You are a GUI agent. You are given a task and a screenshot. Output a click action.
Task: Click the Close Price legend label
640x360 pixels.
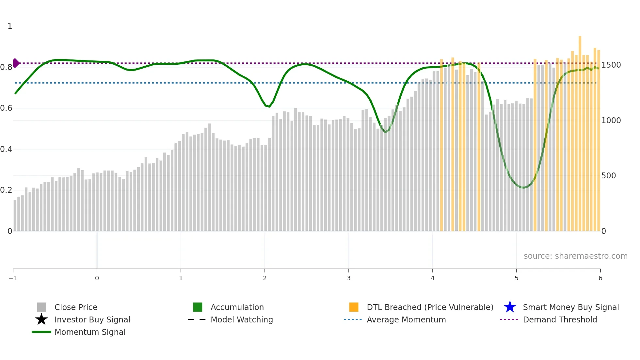pyautogui.click(x=76, y=307)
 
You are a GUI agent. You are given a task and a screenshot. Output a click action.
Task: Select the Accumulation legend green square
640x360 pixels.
pyautogui.click(x=198, y=307)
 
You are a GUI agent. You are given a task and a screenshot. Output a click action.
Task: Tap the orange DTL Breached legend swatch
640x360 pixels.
pyautogui.click(x=354, y=307)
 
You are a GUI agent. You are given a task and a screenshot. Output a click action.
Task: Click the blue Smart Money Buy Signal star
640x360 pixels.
pyautogui.click(x=510, y=307)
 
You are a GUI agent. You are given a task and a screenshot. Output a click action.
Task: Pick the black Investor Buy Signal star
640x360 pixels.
pyautogui.click(x=41, y=319)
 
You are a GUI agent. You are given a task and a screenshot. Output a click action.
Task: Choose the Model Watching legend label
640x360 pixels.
pyautogui.click(x=242, y=319)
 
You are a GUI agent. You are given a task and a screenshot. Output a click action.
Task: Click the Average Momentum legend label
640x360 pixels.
pyautogui.click(x=406, y=319)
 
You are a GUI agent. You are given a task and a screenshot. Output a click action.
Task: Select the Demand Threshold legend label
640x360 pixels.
pyautogui.click(x=560, y=319)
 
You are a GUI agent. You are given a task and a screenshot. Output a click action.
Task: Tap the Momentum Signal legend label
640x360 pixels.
pyautogui.click(x=90, y=332)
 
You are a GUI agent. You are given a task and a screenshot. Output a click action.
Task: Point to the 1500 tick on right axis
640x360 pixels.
pyautogui.click(x=611, y=65)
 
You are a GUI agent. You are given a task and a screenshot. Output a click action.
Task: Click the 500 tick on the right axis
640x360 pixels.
pyautogui.click(x=609, y=176)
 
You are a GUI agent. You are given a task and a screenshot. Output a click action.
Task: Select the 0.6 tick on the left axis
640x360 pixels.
pyautogui.click(x=6, y=108)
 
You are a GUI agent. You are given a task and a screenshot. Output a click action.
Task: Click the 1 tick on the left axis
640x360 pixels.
pyautogui.click(x=10, y=26)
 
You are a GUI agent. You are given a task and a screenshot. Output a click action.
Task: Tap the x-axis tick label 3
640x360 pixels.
pyautogui.click(x=349, y=278)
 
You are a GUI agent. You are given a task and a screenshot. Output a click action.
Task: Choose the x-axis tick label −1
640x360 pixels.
pyautogui.click(x=13, y=278)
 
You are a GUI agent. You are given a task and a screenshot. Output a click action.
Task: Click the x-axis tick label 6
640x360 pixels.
pyautogui.click(x=600, y=278)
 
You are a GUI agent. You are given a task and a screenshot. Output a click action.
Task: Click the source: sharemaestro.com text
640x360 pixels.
pyautogui.click(x=575, y=256)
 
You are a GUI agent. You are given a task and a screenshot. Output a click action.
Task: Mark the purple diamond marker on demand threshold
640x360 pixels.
pyautogui.click(x=16, y=63)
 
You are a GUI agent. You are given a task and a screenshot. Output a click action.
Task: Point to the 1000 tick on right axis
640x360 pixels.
pyautogui.click(x=611, y=121)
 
